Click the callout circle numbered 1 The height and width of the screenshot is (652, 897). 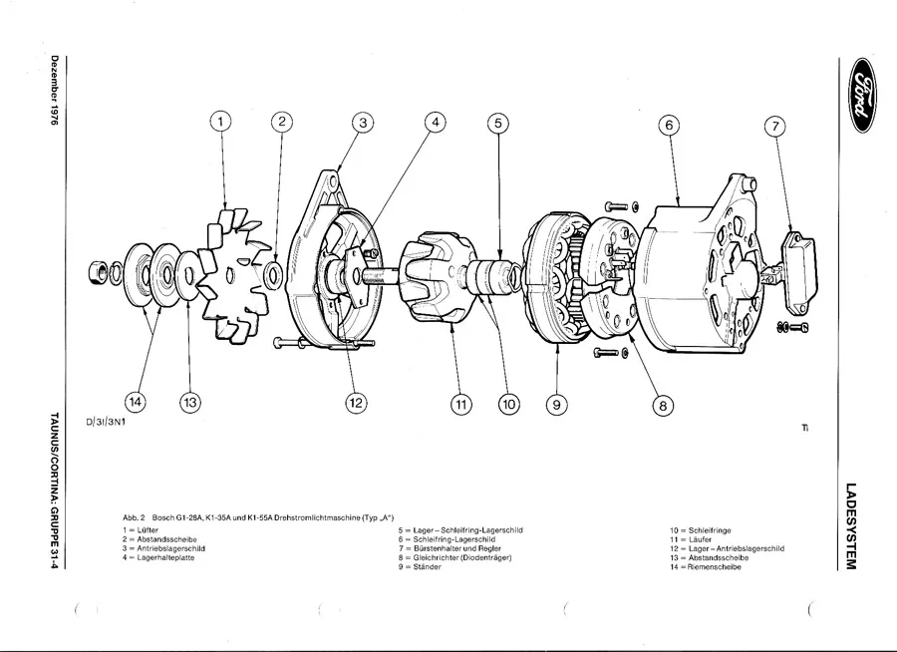click(x=222, y=123)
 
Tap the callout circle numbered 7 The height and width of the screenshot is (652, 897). click(x=775, y=127)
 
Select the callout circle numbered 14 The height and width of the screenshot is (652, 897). click(x=135, y=402)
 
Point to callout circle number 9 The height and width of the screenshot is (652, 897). click(x=556, y=404)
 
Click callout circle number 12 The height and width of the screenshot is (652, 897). click(x=355, y=403)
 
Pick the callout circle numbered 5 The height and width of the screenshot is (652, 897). click(x=497, y=124)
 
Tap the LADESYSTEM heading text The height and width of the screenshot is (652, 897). click(x=850, y=527)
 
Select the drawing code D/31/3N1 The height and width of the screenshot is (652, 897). click(x=112, y=422)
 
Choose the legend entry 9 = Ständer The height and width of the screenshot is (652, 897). click(x=420, y=566)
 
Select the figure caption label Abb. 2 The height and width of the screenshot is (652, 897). click(x=135, y=518)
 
